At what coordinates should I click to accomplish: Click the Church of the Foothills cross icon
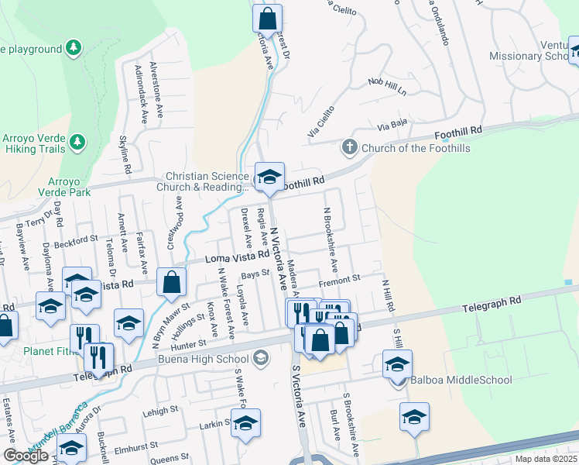[349, 146]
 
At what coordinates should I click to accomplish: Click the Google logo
[26, 456]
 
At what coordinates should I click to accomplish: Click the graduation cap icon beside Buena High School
[261, 358]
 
